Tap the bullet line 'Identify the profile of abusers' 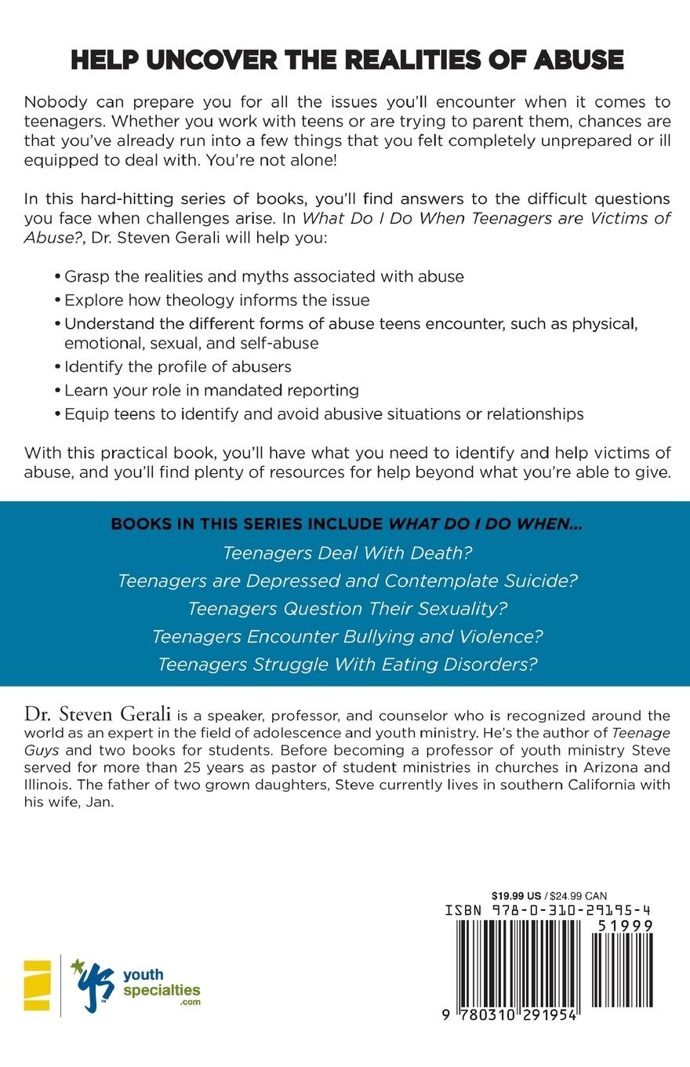tap(177, 366)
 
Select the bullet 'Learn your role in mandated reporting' tap(211, 390)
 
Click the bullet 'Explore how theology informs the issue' tap(216, 300)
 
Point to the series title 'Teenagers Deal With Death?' tap(347, 553)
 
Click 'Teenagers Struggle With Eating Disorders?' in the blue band tap(347, 664)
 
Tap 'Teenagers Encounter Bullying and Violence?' tap(347, 636)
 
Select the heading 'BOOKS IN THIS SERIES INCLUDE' tap(249, 524)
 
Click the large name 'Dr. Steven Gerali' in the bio tap(98, 714)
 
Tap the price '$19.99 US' tap(517, 896)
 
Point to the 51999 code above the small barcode tap(624, 926)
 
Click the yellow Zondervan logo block tap(37, 985)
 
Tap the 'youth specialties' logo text tap(162, 983)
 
